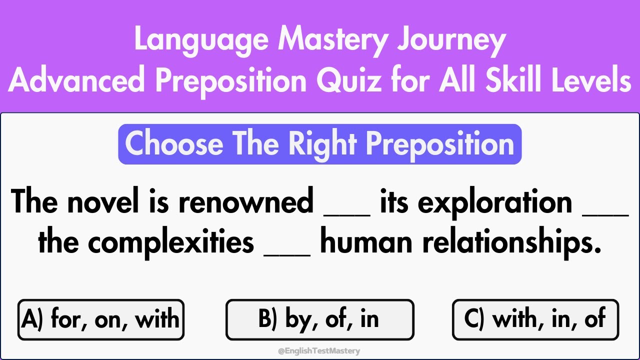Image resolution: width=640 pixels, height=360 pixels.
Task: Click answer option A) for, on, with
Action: [x=100, y=319]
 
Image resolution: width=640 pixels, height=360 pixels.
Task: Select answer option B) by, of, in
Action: [x=319, y=319]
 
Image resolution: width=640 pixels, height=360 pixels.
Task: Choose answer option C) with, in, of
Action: [x=535, y=319]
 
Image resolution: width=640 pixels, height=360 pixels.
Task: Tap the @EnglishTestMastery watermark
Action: [x=318, y=351]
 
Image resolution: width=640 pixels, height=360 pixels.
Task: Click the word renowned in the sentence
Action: [x=245, y=202]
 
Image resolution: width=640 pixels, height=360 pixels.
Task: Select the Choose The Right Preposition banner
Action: [x=319, y=144]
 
